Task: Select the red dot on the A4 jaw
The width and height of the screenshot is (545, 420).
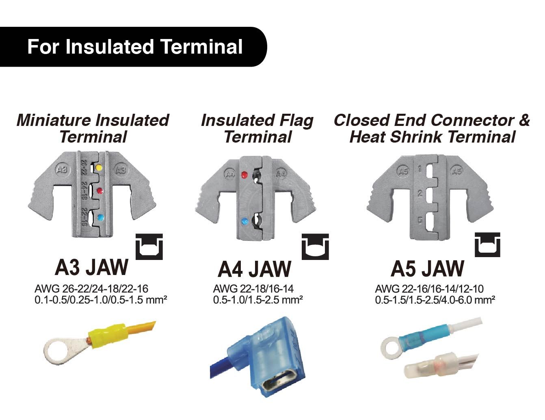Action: (x=244, y=175)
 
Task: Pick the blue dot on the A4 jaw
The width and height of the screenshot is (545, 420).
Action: (x=244, y=221)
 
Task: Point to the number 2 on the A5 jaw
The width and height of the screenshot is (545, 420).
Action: (x=420, y=193)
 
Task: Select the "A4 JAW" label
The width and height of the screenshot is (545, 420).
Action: (x=255, y=269)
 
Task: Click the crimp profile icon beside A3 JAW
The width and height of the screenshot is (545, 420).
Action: (x=149, y=246)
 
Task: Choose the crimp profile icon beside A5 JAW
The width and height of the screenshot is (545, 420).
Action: (x=488, y=245)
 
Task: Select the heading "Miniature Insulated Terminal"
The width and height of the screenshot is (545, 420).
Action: (x=93, y=128)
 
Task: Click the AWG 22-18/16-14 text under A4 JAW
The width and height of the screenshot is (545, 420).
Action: (x=253, y=289)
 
